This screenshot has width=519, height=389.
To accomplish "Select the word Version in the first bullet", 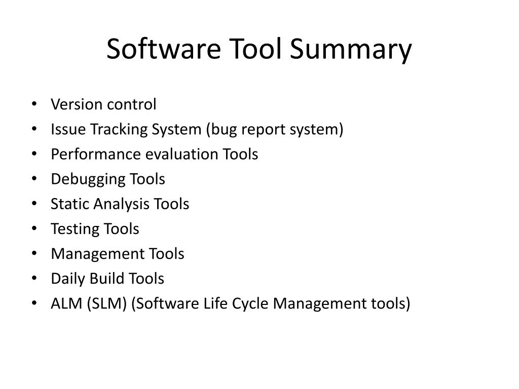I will (x=69, y=104).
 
